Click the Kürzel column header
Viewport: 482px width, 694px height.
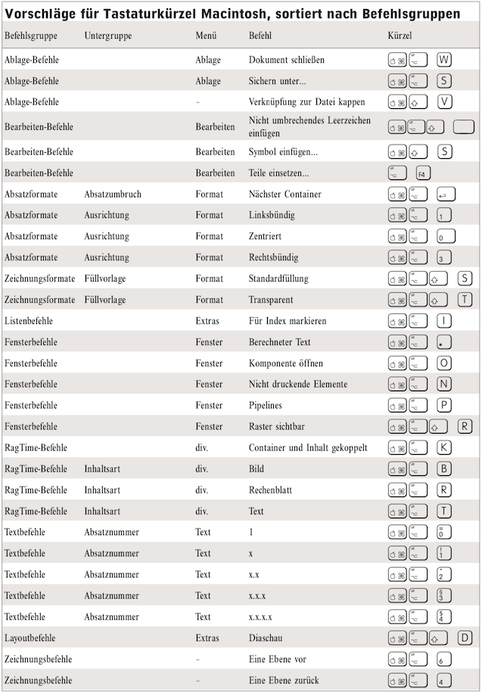pyautogui.click(x=400, y=36)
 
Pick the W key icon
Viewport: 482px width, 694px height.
pyautogui.click(x=445, y=59)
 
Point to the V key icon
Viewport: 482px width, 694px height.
pyautogui.click(x=445, y=101)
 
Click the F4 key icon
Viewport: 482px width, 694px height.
pyautogui.click(x=423, y=173)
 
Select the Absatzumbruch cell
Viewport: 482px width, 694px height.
pyautogui.click(x=113, y=195)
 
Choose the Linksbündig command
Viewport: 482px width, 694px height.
pyautogui.click(x=272, y=216)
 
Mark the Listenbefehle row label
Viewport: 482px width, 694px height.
pyautogui.click(x=29, y=321)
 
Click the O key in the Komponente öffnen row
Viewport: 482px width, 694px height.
pyautogui.click(x=445, y=363)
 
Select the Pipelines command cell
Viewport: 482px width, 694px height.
pyautogui.click(x=266, y=406)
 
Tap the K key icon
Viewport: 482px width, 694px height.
pyautogui.click(x=445, y=448)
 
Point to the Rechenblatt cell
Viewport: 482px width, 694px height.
pyautogui.click(x=270, y=490)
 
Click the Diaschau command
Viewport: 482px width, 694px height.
pyautogui.click(x=266, y=639)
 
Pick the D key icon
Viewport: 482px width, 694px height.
pyautogui.click(x=465, y=638)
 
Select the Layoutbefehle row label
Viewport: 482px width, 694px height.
pyautogui.click(x=30, y=639)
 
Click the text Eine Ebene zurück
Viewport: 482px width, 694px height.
pyautogui.click(x=284, y=681)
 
